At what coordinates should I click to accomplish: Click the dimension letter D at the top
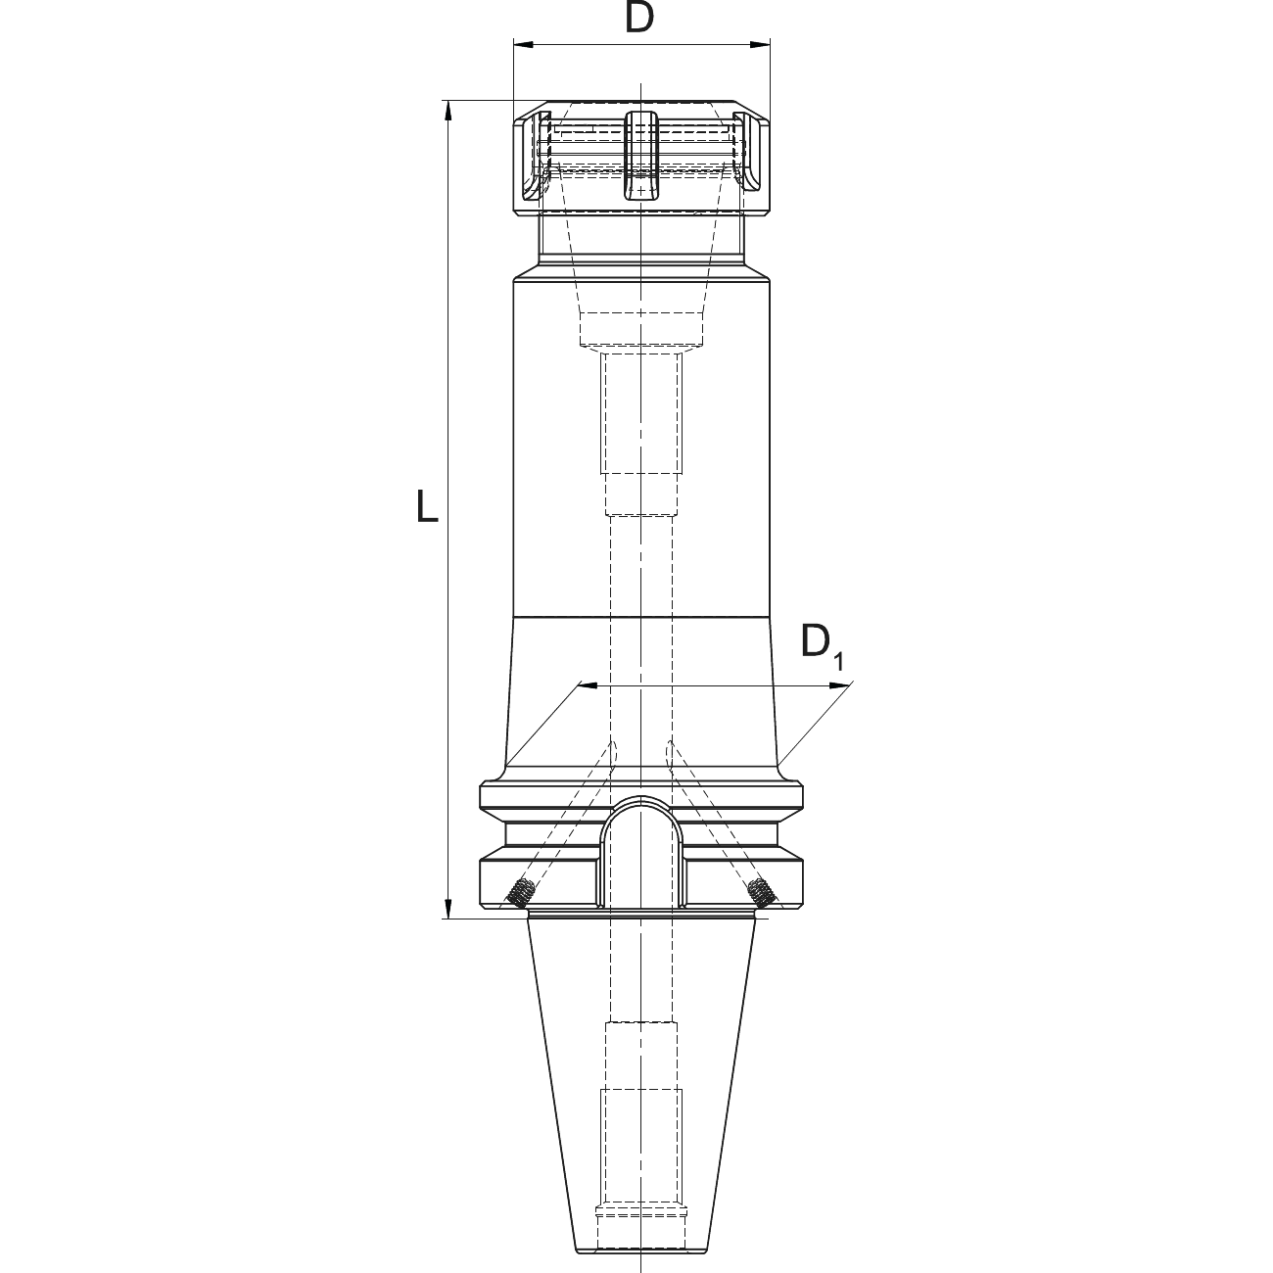click(x=639, y=19)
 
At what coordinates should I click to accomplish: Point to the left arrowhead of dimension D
click(x=524, y=45)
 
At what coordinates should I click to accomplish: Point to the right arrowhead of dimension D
click(x=760, y=45)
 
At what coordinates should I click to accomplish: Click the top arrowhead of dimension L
click(x=448, y=111)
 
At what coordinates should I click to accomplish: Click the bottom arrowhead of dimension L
click(x=448, y=908)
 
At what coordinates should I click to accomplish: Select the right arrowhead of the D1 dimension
click(x=837, y=686)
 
